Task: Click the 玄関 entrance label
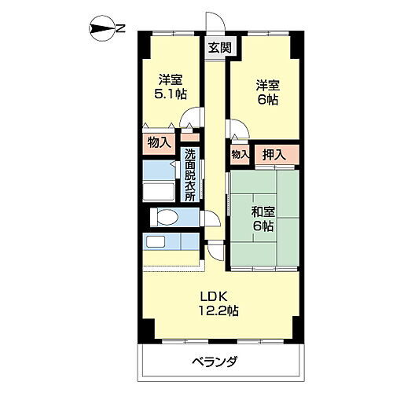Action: pos(219,47)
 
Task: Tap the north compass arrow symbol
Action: pos(102,29)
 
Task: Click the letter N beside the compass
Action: pos(122,29)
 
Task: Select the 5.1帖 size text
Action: pos(170,94)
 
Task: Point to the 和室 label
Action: pos(263,211)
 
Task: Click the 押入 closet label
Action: pos(273,155)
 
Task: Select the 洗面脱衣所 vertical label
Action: pos(189,176)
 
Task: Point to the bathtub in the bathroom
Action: pos(162,188)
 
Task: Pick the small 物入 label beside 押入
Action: pos(239,155)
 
